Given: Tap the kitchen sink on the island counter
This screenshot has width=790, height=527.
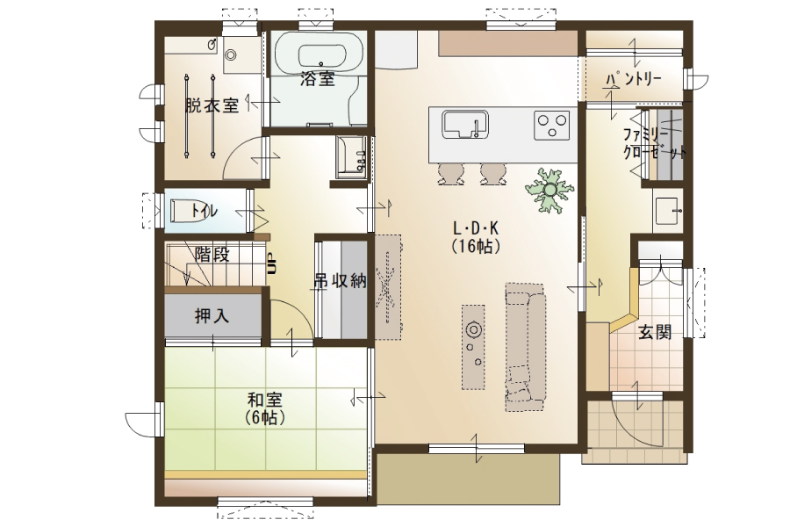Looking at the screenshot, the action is pyautogui.click(x=465, y=124).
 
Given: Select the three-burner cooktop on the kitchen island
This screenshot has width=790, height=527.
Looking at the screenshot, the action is pyautogui.click(x=552, y=125).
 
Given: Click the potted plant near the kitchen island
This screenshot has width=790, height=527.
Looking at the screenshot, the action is pyautogui.click(x=549, y=190).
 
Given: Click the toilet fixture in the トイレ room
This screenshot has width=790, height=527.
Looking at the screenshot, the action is pyautogui.click(x=183, y=210).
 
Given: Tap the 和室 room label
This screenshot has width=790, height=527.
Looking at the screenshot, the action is pyautogui.click(x=265, y=401).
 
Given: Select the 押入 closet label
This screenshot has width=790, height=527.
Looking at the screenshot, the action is pyautogui.click(x=212, y=316).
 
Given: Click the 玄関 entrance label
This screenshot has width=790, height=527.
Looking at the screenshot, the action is pyautogui.click(x=655, y=332).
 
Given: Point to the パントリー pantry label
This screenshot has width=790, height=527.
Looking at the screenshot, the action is pyautogui.click(x=634, y=79).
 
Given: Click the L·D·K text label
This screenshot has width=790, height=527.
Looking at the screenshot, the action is pyautogui.click(x=476, y=229).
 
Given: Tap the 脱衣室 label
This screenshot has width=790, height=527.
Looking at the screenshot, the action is pyautogui.click(x=212, y=105).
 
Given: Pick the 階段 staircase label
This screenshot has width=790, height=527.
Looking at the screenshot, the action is pyautogui.click(x=212, y=255).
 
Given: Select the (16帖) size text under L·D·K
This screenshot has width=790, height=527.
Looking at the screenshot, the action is pyautogui.click(x=476, y=246).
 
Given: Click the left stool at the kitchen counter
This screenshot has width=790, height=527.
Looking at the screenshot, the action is pyautogui.click(x=451, y=173).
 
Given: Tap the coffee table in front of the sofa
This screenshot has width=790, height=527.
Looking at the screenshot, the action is pyautogui.click(x=474, y=346).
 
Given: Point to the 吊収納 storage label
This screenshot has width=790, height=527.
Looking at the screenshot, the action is pyautogui.click(x=341, y=281).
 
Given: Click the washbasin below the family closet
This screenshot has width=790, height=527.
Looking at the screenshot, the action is pyautogui.click(x=669, y=210).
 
